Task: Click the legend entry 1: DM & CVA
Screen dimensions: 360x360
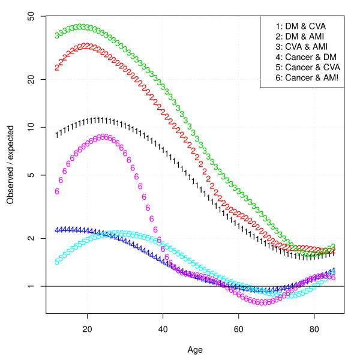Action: click(x=301, y=26)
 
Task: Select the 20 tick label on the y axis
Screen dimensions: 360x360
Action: click(x=30, y=79)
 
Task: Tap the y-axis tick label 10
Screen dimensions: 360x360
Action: click(x=30, y=127)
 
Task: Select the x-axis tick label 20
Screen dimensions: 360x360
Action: click(x=88, y=329)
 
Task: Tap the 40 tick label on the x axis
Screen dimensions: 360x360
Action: click(x=163, y=329)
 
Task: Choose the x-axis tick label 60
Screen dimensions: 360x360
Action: click(x=239, y=329)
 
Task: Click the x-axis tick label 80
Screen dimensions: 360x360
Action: click(x=314, y=329)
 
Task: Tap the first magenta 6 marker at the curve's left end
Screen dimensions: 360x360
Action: click(x=57, y=191)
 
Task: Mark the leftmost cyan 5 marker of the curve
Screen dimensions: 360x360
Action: click(x=57, y=262)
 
